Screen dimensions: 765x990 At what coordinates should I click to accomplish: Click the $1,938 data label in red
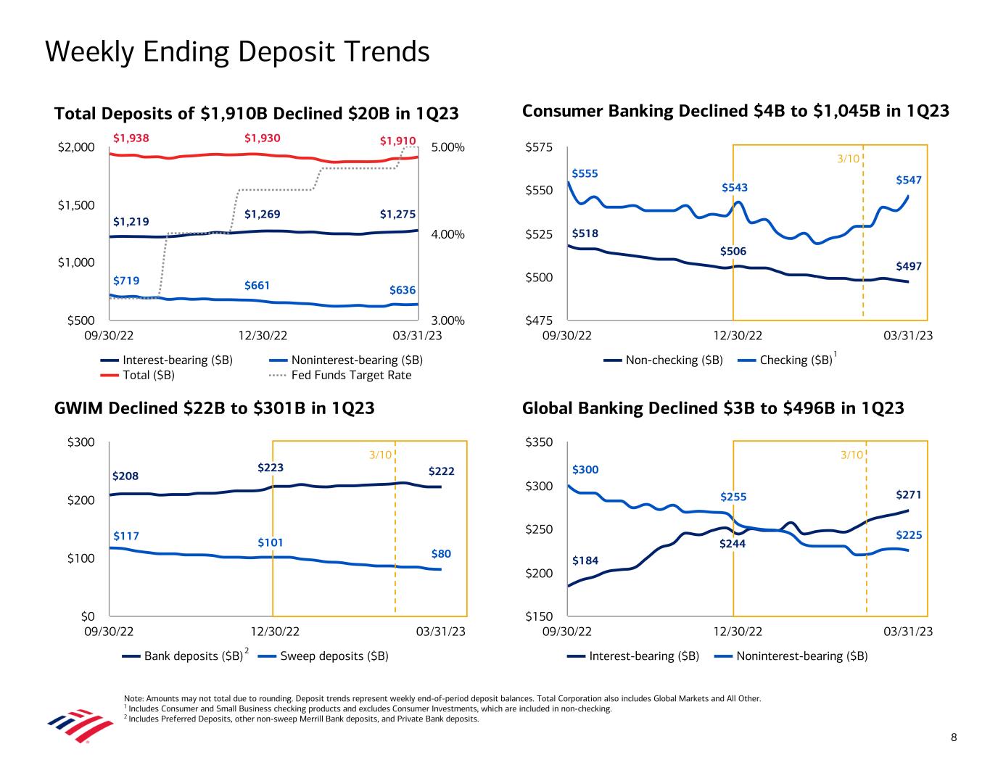pyautogui.click(x=131, y=137)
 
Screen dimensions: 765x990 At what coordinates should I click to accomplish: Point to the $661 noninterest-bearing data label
pyautogui.click(x=257, y=285)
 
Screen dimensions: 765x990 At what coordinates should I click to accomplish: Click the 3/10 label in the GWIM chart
pyautogui.click(x=380, y=455)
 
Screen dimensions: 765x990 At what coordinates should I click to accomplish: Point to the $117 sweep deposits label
pyautogui.click(x=125, y=536)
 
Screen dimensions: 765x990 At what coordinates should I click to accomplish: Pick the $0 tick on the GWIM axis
pyautogui.click(x=88, y=616)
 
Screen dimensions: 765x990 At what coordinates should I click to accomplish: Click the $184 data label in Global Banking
pyautogui.click(x=585, y=561)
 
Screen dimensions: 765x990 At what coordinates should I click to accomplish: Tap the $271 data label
pyautogui.click(x=909, y=495)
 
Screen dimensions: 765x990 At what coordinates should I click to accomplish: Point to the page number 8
pyautogui.click(x=954, y=738)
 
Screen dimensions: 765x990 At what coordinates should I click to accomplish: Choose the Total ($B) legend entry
pyautogui.click(x=149, y=375)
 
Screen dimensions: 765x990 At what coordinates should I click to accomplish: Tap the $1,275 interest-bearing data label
pyautogui.click(x=397, y=214)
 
